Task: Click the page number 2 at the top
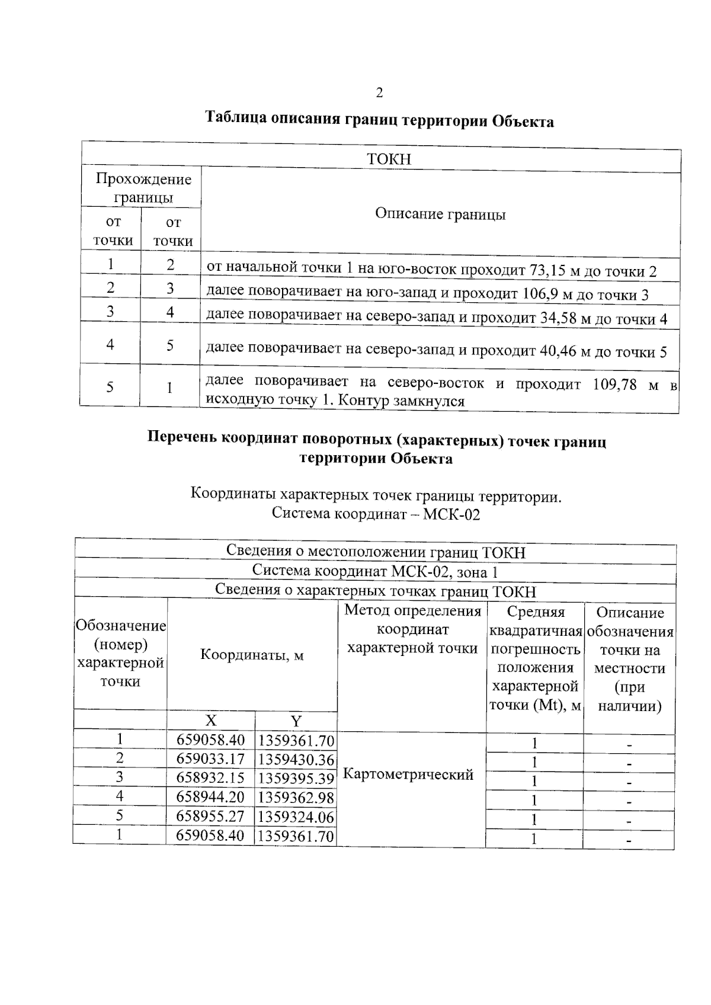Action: pos(379,93)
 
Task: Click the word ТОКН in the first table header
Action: pos(389,159)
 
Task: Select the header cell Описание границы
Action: pos(440,214)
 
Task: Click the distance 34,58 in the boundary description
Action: pos(558,318)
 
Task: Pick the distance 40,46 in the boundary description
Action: pos(558,351)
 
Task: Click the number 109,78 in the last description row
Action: pos(614,385)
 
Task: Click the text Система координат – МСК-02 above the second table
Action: pos(376,514)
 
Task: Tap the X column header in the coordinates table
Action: pos(211,721)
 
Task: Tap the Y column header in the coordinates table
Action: pos(296,721)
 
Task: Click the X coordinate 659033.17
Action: pos(210,759)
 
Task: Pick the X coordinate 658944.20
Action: pos(210,798)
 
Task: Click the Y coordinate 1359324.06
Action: pos(296,818)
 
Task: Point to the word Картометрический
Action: pos(408,774)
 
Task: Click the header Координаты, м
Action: pos(252,655)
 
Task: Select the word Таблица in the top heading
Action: pos(235,117)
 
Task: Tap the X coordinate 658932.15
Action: pos(210,778)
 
